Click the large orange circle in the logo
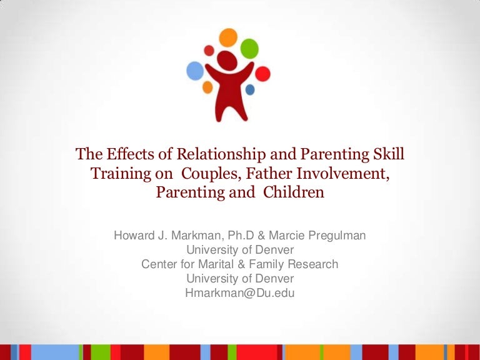point(229,38)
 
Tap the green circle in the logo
point(250,47)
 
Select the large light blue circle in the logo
point(196,71)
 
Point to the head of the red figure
point(227,61)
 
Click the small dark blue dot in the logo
point(250,90)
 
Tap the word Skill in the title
point(388,154)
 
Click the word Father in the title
point(260,173)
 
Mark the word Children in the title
point(294,192)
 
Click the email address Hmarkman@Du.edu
point(240,292)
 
